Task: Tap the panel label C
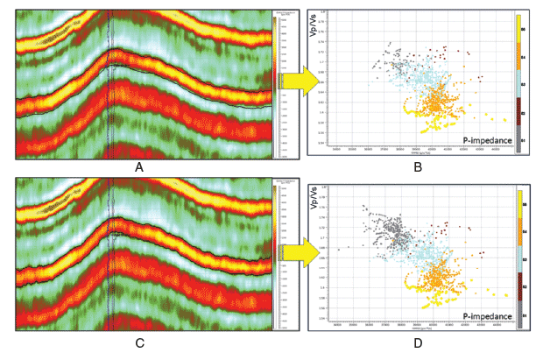point(140,342)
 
